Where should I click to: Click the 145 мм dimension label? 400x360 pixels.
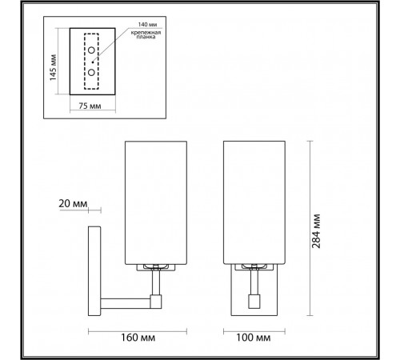(53, 68)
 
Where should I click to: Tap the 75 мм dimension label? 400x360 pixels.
(90, 106)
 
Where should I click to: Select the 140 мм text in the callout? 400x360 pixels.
(147, 24)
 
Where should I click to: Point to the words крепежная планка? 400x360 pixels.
(146, 34)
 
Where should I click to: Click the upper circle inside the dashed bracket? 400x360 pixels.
(91, 50)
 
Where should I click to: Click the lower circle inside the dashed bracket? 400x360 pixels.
(91, 72)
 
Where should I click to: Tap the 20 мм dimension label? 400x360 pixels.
(73, 204)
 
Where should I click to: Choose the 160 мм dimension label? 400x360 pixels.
(138, 338)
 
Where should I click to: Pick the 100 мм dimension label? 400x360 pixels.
(254, 338)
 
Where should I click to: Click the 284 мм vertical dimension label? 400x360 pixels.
(316, 231)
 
